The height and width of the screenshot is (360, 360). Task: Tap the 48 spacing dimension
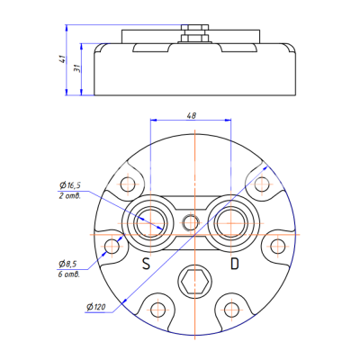pos(192,116)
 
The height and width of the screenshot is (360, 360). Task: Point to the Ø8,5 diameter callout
pos(68,263)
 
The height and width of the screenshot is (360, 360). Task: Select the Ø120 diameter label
pos(97,307)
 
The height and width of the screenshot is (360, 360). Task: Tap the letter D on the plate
pos(234,264)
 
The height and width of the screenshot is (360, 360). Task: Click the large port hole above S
pos(148,221)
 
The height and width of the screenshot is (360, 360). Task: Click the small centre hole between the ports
pos(189,221)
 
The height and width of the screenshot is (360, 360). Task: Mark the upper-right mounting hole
pos(262,184)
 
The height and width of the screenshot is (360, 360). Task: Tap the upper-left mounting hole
pos(125,184)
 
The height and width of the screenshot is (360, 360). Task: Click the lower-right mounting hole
pos(229,309)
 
